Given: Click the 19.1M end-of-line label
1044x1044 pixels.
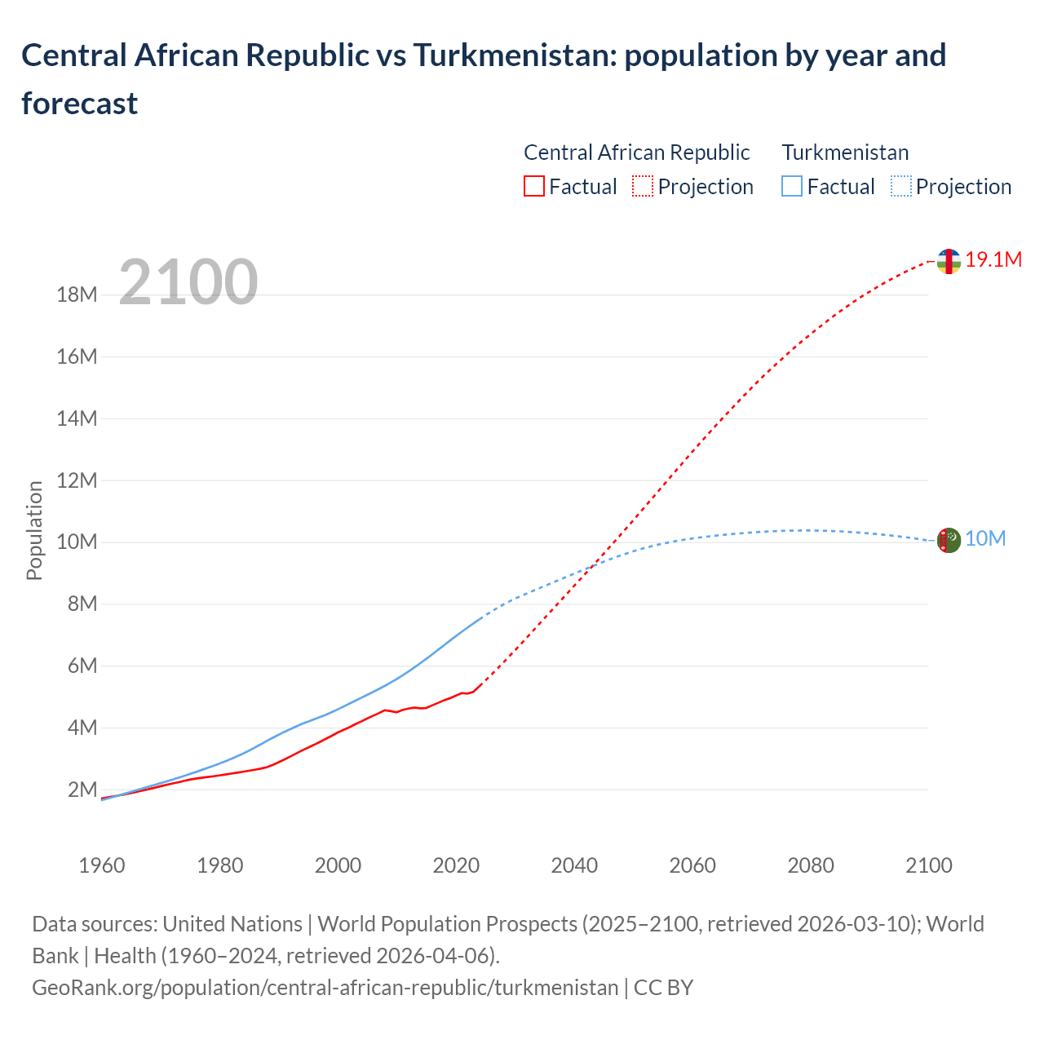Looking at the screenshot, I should pos(993,259).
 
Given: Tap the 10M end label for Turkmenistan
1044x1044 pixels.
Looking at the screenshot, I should pos(984,538).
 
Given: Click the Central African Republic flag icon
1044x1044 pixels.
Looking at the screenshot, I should pos(949,261).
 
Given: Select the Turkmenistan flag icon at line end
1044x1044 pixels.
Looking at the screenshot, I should pos(949,540).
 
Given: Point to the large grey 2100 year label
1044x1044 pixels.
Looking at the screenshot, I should pos(188,282).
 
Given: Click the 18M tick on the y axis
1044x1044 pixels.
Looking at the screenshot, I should pos(77,294).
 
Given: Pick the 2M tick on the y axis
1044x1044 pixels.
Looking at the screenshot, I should pos(82,790).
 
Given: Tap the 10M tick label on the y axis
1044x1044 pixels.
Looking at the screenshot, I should pos(77,542).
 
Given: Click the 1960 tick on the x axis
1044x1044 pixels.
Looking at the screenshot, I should pos(102,865).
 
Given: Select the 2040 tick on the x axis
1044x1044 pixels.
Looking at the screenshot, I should pos(574,865).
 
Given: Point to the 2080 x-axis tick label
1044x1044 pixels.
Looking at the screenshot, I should pos(811,865).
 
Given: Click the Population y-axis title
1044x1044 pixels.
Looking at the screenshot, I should pos(34,530).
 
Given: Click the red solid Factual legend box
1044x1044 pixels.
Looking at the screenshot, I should pos(533,187).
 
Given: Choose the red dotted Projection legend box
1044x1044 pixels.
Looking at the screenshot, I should pos(643,187).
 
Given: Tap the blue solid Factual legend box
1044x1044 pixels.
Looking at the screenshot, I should pos(792,187).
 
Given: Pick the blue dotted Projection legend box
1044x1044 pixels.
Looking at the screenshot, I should pos(901,187).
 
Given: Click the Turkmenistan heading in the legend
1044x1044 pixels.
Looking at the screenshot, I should pos(845,153).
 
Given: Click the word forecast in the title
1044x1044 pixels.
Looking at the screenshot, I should pos(79,104).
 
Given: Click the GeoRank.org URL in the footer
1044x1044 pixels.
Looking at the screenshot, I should pos(325,987).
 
